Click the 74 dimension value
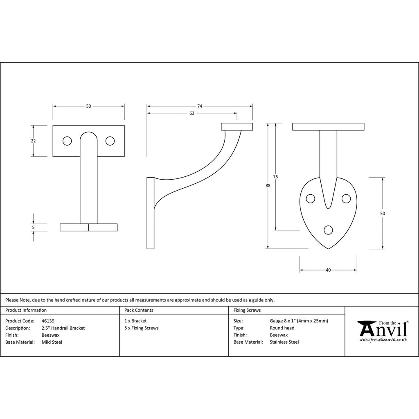(x=200, y=106)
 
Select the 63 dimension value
(x=192, y=113)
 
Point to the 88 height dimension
(x=268, y=185)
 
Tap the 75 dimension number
(x=275, y=177)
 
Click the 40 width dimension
(x=328, y=270)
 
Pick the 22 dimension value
(x=33, y=141)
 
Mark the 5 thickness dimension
(x=33, y=228)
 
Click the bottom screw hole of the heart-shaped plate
(x=328, y=230)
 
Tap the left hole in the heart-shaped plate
(x=310, y=198)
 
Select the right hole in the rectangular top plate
(x=110, y=141)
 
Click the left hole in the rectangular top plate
(x=67, y=141)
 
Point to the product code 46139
(x=48, y=321)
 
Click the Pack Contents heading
(x=139, y=310)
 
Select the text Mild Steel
(x=52, y=342)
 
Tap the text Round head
(x=282, y=328)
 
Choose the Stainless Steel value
(x=284, y=342)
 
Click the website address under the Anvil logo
(x=383, y=340)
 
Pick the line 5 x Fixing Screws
(x=141, y=328)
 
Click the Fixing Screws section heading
(x=247, y=310)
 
